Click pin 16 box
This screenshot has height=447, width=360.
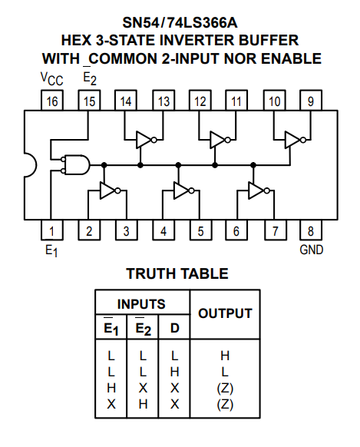(52, 101)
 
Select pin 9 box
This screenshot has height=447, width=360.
(311, 101)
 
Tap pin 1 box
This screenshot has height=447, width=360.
(52, 230)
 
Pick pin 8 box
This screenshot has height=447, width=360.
(311, 230)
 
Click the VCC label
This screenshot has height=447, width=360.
(52, 78)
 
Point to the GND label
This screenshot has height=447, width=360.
(312, 250)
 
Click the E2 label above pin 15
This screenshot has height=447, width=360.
(90, 77)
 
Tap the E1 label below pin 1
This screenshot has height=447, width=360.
(51, 251)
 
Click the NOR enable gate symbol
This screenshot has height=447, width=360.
(75, 165)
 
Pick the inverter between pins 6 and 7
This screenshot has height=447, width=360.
(259, 190)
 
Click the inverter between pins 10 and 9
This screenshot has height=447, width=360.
(296, 140)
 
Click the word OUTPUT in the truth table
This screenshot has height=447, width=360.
(225, 313)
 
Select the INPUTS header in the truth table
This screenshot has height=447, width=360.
(141, 304)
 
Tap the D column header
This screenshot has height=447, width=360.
(174, 328)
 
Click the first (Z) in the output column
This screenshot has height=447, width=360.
(225, 388)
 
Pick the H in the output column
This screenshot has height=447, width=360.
(225, 356)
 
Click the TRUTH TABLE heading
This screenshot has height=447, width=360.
(177, 273)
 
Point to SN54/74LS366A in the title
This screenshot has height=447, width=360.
(180, 22)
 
